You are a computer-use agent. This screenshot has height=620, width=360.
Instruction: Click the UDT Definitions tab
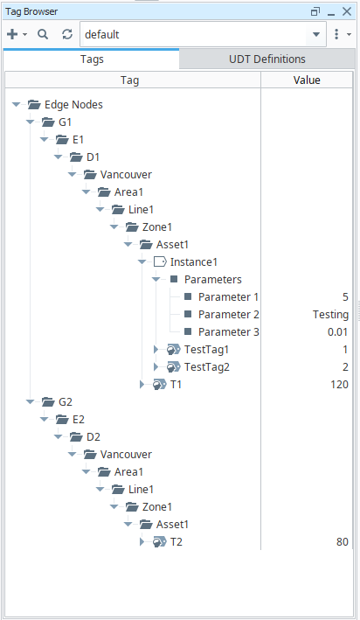click(x=267, y=59)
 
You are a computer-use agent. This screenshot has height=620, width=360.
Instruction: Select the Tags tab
click(x=92, y=59)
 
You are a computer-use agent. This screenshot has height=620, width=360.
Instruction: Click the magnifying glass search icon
click(x=43, y=34)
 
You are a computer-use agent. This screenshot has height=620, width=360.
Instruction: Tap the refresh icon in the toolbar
click(x=67, y=34)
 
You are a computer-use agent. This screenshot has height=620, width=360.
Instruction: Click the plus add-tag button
click(x=12, y=34)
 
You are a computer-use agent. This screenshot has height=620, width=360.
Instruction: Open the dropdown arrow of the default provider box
click(x=316, y=34)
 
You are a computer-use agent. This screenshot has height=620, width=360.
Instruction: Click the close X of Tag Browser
click(x=347, y=11)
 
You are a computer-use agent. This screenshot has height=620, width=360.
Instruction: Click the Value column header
click(x=307, y=80)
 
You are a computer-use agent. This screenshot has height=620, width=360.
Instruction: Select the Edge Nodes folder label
click(x=73, y=105)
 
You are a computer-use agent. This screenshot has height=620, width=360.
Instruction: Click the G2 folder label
click(x=66, y=402)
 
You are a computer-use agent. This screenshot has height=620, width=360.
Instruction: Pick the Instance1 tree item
click(x=194, y=262)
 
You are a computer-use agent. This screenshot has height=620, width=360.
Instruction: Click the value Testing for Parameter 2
click(x=331, y=315)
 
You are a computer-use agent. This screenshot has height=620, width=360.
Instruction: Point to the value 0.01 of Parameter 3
click(x=338, y=332)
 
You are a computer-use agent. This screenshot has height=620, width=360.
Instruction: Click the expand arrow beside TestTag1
click(x=156, y=350)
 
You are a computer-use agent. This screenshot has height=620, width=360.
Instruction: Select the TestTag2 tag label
click(x=207, y=367)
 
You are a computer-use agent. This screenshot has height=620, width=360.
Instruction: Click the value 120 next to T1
click(x=339, y=385)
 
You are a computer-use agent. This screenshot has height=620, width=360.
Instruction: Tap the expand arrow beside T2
click(x=142, y=541)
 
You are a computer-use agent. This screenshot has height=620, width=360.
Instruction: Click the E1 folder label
click(x=79, y=140)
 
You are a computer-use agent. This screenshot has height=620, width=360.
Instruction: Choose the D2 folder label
click(x=93, y=437)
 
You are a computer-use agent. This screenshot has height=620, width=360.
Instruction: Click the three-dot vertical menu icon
click(x=336, y=34)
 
